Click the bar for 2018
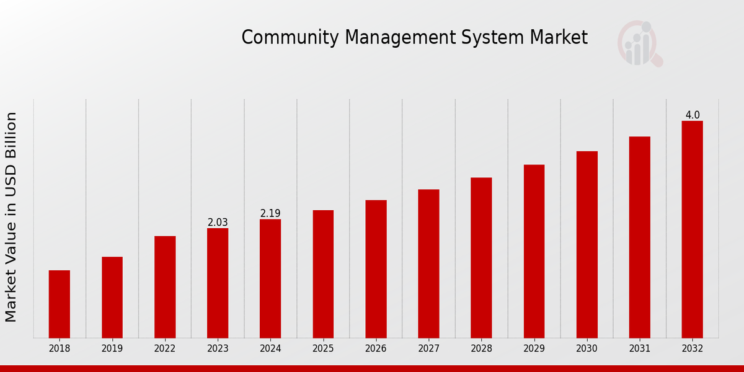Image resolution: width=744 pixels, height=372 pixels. [x=60, y=304]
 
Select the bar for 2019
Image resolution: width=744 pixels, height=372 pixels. [x=112, y=297]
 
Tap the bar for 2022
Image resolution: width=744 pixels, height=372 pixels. [x=165, y=286]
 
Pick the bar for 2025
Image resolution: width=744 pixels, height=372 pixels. [x=323, y=273]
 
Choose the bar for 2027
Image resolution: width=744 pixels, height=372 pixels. [x=428, y=263]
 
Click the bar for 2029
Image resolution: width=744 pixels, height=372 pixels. [x=534, y=250]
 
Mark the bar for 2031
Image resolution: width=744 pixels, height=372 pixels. [x=639, y=237]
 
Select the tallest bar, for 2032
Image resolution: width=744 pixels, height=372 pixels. [x=692, y=229]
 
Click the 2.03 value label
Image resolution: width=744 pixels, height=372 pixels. [x=218, y=223]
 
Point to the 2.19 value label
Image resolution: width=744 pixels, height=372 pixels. [x=270, y=213]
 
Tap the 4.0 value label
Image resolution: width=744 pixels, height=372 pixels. [x=693, y=115]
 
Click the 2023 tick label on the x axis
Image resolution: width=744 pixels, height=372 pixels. [x=218, y=349]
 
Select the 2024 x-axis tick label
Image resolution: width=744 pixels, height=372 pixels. [x=270, y=349]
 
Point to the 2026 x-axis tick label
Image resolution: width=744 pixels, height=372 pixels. [x=376, y=349]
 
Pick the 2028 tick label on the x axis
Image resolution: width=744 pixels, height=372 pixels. [x=481, y=349]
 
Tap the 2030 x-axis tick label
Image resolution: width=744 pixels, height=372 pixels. [x=587, y=349]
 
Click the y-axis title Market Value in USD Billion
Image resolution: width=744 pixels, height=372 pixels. [x=11, y=217]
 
